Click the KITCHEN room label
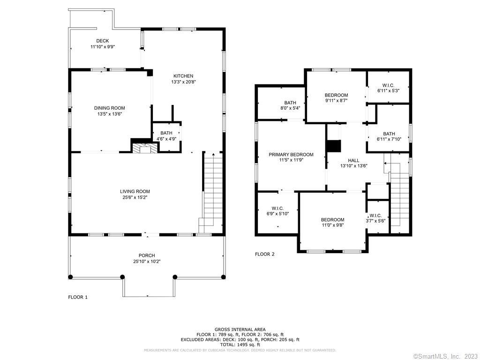183,76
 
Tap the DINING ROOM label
109,108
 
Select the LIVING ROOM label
135,192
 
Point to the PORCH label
147,255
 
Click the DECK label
103,41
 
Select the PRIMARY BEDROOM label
291,155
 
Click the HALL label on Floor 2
353,160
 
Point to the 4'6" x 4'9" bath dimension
166,139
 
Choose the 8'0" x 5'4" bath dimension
290,108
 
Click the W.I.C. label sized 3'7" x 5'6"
375,216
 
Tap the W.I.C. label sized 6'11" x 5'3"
388,85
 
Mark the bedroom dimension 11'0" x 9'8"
333,225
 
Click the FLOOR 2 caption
265,254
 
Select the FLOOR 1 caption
78,297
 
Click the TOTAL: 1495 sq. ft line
240,345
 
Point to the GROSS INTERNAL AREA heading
240,330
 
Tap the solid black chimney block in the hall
334,146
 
